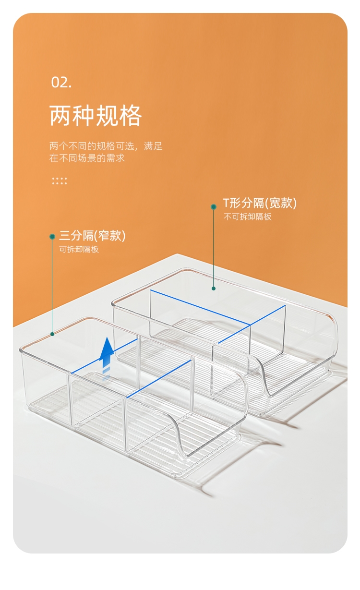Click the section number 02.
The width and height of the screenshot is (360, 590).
click(61, 82)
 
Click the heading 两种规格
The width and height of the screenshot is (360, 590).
click(96, 116)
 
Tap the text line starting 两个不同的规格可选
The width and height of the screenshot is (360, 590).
click(106, 146)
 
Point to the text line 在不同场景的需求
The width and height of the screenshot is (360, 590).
click(87, 158)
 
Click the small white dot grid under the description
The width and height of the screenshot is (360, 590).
click(59, 181)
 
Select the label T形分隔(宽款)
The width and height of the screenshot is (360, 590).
click(260, 203)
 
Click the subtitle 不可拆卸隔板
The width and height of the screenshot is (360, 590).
click(247, 217)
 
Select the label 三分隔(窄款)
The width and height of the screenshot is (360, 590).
click(92, 236)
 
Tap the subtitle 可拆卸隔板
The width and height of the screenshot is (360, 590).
click(79, 249)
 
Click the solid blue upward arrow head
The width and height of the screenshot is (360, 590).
click(107, 347)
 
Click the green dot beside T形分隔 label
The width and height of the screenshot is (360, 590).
click(214, 207)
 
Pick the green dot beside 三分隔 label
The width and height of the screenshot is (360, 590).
click(52, 237)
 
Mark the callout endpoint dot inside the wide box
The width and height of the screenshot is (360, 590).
click(214, 289)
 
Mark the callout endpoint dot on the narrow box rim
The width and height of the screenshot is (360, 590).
click(52, 334)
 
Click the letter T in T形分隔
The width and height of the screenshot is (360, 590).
click(226, 203)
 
